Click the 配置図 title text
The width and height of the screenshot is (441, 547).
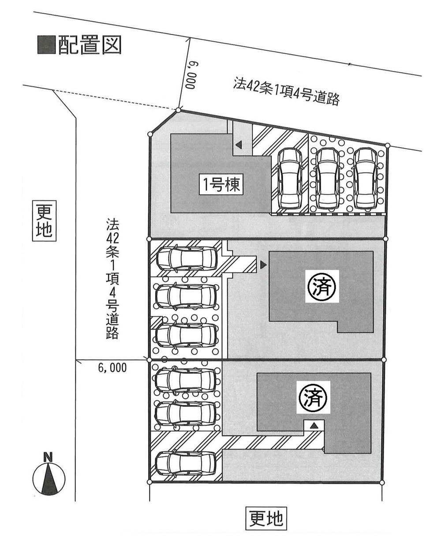coord(90,45)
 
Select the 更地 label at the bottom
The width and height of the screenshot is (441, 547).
coord(265,518)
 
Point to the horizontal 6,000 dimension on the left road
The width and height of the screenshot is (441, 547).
coord(112,368)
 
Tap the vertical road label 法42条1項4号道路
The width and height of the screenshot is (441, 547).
coord(112,278)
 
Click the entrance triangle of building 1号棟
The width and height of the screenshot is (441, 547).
coord(238,145)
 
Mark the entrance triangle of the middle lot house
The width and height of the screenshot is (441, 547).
coord(263,265)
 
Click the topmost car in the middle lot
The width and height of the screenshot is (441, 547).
coord(186,258)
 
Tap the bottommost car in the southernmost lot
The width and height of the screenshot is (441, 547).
coord(186,462)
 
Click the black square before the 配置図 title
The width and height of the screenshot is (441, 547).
coord(46,45)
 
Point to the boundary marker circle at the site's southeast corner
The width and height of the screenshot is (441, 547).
coord(381,482)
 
